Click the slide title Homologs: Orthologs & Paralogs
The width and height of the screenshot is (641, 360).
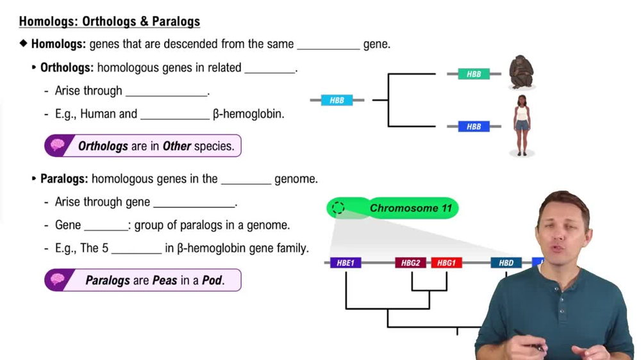click(x=110, y=21)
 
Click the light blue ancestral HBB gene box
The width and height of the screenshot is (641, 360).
click(x=337, y=100)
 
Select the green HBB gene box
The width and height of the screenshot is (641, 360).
click(x=474, y=74)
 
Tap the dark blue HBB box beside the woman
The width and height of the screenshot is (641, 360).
click(x=474, y=126)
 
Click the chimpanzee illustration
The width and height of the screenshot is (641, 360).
click(x=521, y=72)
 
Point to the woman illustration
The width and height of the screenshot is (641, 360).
click(x=522, y=126)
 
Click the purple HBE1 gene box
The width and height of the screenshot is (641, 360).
click(x=345, y=263)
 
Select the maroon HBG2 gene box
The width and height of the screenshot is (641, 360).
click(x=411, y=263)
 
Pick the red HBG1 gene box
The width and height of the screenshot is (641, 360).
click(x=446, y=263)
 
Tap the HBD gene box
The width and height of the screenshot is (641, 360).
click(x=506, y=263)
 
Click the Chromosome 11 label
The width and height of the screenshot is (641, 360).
click(x=411, y=208)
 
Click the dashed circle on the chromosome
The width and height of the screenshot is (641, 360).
click(x=338, y=208)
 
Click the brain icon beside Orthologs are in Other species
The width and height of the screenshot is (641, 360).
click(x=58, y=145)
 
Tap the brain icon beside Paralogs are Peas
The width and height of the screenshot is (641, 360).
click(x=58, y=280)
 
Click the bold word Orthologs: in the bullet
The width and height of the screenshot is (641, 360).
click(x=67, y=68)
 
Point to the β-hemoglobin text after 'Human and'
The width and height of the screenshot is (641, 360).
click(x=248, y=114)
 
